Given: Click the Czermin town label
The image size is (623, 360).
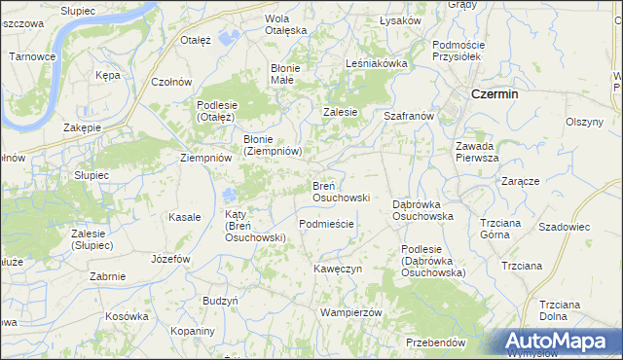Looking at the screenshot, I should (x=494, y=94).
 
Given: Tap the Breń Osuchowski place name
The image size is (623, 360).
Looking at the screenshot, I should (x=340, y=191).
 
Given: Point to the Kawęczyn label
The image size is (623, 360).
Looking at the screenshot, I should (x=338, y=268).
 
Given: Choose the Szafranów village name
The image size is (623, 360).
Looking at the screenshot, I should (x=408, y=116).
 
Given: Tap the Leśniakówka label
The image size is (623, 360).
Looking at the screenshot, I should (x=376, y=63).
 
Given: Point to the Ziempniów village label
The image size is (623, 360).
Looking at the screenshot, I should (x=206, y=157).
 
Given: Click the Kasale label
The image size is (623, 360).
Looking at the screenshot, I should (x=184, y=217).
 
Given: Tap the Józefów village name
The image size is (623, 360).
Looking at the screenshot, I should (x=170, y=259).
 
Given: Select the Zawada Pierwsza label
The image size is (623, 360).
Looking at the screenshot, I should (x=477, y=152).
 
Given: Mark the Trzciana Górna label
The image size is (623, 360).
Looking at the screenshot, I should (x=501, y=229).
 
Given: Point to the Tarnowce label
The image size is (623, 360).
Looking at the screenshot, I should (x=32, y=56).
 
